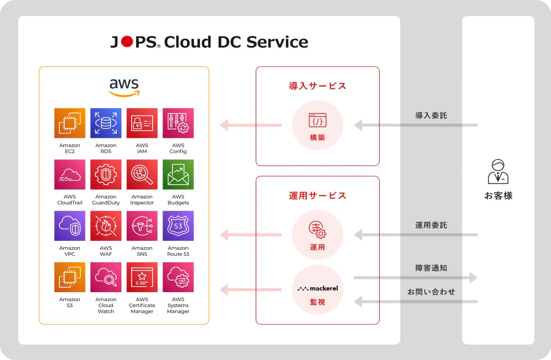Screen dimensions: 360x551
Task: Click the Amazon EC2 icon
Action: tap(70, 123)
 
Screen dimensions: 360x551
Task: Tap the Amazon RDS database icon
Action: tap(106, 123)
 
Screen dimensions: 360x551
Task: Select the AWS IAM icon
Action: tap(142, 123)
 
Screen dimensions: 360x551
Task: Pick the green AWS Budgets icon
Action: tap(178, 175)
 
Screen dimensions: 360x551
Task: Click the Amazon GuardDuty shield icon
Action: tap(106, 175)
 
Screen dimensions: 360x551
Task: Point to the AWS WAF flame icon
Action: tap(106, 226)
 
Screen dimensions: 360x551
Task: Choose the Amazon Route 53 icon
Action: tap(178, 226)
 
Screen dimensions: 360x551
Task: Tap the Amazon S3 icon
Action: tap(70, 277)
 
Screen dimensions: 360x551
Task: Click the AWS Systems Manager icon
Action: tap(178, 277)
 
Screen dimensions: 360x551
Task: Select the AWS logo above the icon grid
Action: tap(124, 87)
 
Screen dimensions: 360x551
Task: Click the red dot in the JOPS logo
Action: tap(127, 42)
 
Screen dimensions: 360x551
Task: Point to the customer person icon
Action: tap(498, 171)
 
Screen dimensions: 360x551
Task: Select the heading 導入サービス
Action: tap(317, 86)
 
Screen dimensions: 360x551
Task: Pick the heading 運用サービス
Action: tap(317, 195)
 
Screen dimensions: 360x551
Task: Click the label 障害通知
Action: tap(431, 268)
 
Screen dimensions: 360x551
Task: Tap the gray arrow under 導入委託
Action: tap(415, 125)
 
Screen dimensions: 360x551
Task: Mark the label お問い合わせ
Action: tap(431, 292)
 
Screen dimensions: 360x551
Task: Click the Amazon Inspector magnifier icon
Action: tap(142, 175)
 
